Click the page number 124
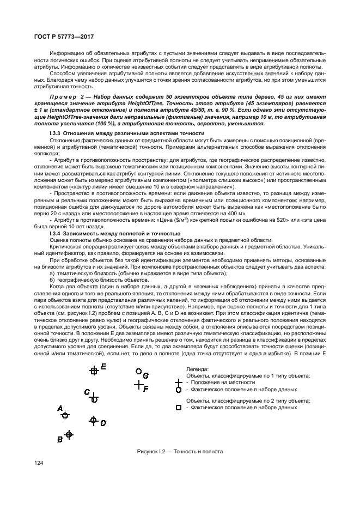point(40,463)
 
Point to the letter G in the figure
point(145,375)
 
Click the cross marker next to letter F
point(138,385)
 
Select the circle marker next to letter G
point(139,372)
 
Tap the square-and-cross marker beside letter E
point(94,371)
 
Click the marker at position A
point(65,415)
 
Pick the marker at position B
point(69,434)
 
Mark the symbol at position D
point(93,421)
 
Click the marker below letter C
point(94,398)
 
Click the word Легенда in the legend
point(197,369)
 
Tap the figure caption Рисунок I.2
point(180,452)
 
